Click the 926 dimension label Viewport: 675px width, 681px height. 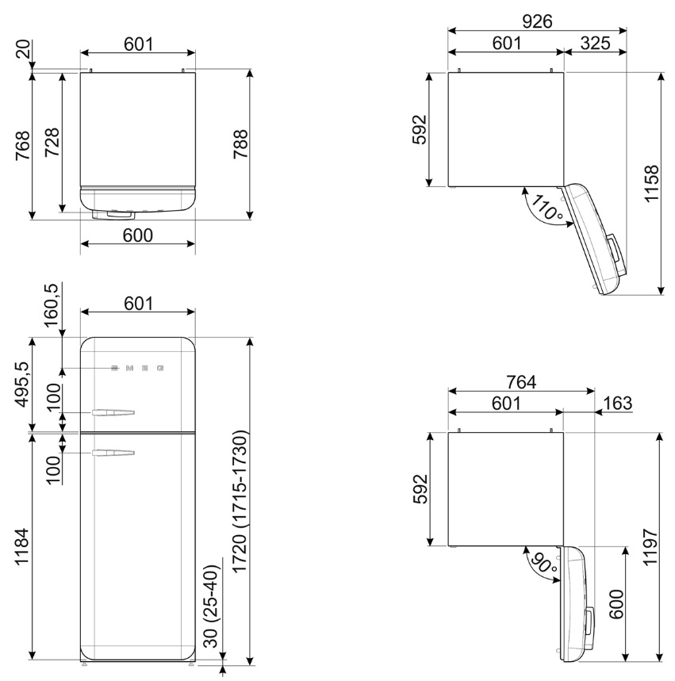(537, 21)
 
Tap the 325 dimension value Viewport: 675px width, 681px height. (595, 43)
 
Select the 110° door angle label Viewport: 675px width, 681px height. (547, 207)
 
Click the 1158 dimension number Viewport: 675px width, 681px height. (651, 183)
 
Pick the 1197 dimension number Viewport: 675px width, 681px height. (651, 547)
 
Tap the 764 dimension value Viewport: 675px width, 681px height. (521, 382)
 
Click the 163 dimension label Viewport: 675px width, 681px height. (618, 403)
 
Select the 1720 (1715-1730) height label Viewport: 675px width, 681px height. (240, 502)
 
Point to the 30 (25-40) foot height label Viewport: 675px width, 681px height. (212, 606)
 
